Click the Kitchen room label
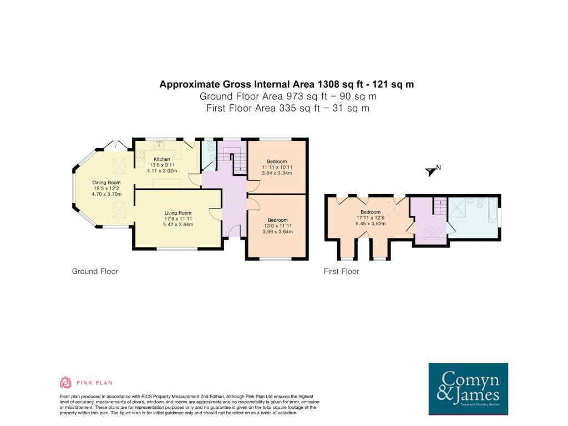click(x=161, y=159)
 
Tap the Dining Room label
click(x=106, y=182)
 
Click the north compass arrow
click(x=430, y=172)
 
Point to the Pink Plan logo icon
click(x=65, y=383)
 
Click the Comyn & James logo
click(x=468, y=389)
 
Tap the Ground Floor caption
click(x=95, y=271)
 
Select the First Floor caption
click(x=341, y=271)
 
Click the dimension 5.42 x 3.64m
click(x=178, y=225)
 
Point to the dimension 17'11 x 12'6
click(x=371, y=217)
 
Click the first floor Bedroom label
click(x=371, y=212)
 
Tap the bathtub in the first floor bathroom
click(x=493, y=210)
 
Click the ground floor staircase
click(x=232, y=159)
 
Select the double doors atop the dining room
click(x=115, y=145)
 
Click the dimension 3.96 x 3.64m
click(x=278, y=231)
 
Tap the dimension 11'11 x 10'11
click(x=277, y=168)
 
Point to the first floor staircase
click(x=440, y=206)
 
